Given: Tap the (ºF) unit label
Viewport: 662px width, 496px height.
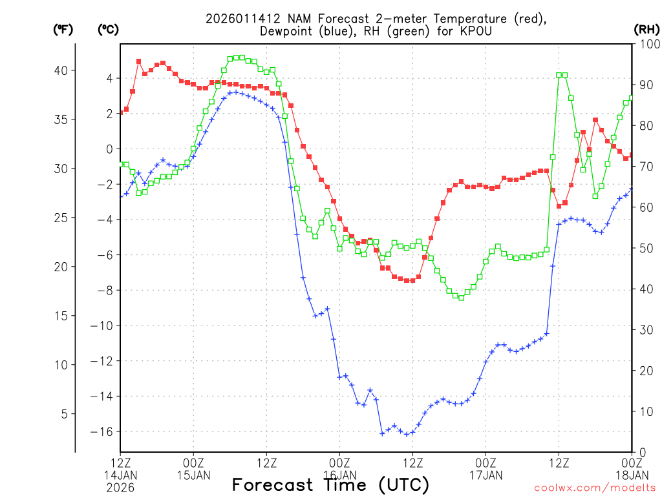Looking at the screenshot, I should [63, 29].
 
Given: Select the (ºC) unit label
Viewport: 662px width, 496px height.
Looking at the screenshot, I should [108, 29].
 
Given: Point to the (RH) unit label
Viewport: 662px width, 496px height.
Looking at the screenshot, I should [647, 29].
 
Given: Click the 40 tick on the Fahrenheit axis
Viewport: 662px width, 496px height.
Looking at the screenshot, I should [64, 70].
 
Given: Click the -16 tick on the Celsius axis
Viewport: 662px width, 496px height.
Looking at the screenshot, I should [103, 431].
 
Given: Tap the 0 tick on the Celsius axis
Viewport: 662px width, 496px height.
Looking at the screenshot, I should [109, 149].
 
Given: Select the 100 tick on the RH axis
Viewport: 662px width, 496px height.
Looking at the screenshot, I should [647, 44].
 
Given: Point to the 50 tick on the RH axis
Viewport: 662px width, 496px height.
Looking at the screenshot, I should [644, 248].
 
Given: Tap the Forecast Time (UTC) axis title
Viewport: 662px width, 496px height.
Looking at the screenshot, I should [330, 484].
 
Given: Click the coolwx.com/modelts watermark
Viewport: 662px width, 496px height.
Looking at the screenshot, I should [594, 488].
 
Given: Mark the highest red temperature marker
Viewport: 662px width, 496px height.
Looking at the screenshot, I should [139, 61].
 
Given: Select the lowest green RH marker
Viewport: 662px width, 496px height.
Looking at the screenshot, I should [461, 298].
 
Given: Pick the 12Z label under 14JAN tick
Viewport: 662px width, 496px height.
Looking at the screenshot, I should [120, 463].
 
